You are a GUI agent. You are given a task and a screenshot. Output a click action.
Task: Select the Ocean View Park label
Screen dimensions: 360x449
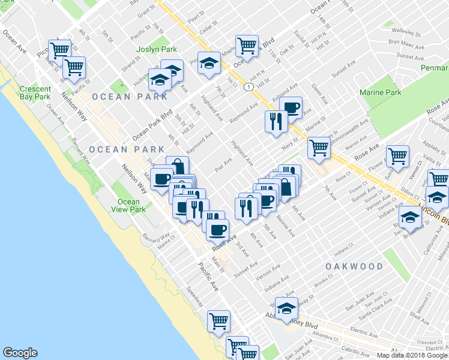pos(128,206)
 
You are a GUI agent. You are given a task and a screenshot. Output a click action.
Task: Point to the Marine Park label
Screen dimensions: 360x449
pos(380,92)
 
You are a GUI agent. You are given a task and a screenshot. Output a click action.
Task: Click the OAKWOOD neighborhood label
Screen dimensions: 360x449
pos(354,266)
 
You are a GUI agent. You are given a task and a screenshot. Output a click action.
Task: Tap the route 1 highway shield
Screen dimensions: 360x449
pos(247,88)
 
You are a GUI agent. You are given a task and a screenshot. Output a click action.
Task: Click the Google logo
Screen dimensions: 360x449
pos(20,353)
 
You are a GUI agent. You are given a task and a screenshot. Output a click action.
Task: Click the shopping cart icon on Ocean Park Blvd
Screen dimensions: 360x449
pos(247,45)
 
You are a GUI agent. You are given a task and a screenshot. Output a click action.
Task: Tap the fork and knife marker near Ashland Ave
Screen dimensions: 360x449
pos(276,122)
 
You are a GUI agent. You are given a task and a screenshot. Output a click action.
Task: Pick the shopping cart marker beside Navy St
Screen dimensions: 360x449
pos(319,147)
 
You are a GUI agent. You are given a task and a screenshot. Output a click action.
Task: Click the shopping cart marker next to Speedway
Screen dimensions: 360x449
pos(219,321)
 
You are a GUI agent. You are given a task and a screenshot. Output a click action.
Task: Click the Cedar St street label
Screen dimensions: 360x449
pos(207,26)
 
